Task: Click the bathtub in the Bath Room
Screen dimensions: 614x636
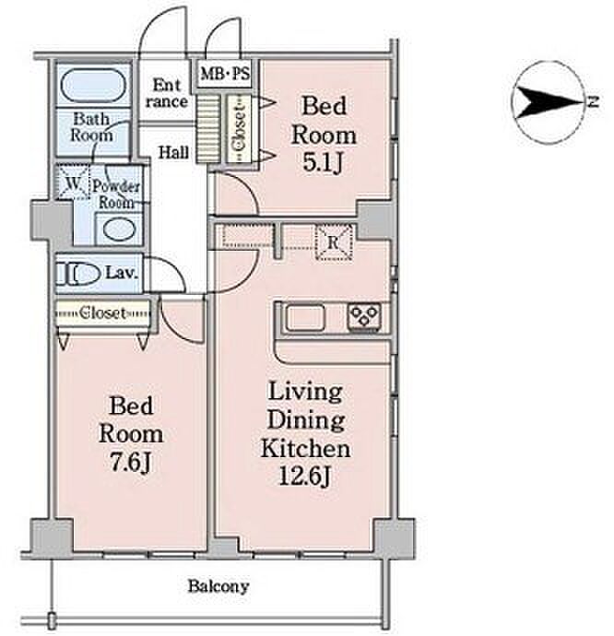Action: pyautogui.click(x=93, y=86)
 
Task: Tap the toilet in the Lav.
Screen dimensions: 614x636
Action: pyautogui.click(x=77, y=275)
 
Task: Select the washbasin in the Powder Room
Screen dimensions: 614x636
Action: pyautogui.click(x=119, y=230)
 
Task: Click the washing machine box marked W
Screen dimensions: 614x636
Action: pyautogui.click(x=73, y=183)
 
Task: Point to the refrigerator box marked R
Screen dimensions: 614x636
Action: pyautogui.click(x=334, y=242)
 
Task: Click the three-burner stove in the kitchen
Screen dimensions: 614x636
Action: pyautogui.click(x=364, y=316)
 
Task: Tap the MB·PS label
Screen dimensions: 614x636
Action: pyautogui.click(x=225, y=75)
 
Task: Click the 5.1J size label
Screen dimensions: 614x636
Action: pyautogui.click(x=323, y=163)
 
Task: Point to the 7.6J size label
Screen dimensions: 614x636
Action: pyautogui.click(x=131, y=463)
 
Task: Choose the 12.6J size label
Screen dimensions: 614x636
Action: pyautogui.click(x=305, y=476)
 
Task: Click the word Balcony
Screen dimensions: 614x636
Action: pyautogui.click(x=218, y=586)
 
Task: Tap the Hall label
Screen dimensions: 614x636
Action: pyautogui.click(x=173, y=152)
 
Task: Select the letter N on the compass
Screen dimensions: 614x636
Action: pyautogui.click(x=594, y=101)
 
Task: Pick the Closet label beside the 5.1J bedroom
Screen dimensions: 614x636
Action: pyautogui.click(x=239, y=128)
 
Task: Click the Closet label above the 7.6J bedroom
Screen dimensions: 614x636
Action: pyautogui.click(x=103, y=312)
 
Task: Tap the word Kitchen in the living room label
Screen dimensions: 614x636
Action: pyautogui.click(x=305, y=448)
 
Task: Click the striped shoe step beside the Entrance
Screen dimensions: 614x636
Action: pyautogui.click(x=208, y=128)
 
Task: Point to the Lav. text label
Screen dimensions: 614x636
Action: pyautogui.click(x=122, y=273)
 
